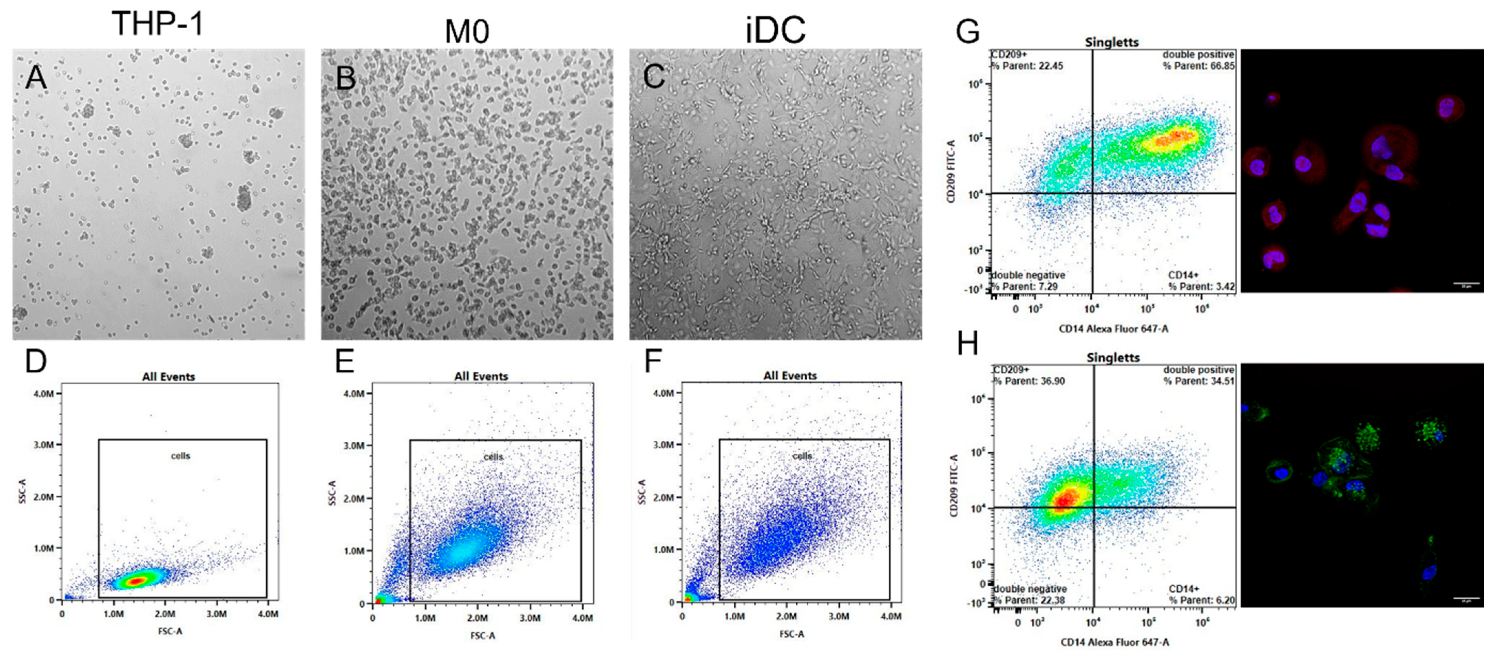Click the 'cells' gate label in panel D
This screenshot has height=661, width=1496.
click(180, 456)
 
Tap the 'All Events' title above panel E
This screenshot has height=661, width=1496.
click(481, 376)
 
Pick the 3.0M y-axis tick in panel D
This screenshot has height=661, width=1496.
click(44, 445)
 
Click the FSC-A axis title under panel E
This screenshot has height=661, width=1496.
click(482, 636)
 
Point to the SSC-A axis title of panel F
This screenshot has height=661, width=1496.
click(642, 491)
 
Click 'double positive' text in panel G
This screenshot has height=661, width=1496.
click(1198, 55)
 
